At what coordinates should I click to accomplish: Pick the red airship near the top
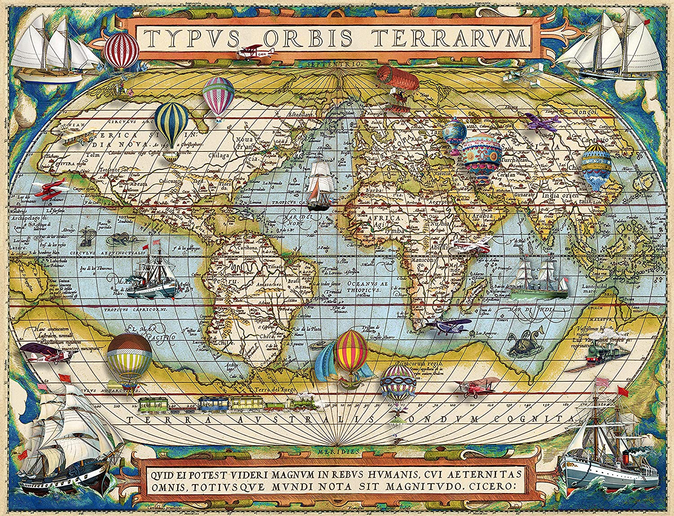tap(398, 79)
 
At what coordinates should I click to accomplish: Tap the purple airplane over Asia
tap(542, 122)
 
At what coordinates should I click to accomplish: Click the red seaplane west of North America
tap(50, 189)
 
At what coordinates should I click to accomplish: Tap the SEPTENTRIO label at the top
tap(333, 64)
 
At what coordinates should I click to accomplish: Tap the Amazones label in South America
tap(267, 285)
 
